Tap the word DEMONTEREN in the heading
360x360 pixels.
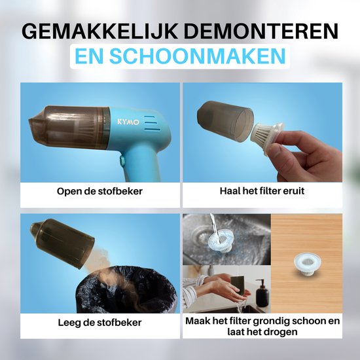261,31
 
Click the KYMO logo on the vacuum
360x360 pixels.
128,122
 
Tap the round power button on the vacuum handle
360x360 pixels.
122,160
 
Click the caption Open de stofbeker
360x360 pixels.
99,191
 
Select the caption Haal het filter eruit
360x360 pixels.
262,190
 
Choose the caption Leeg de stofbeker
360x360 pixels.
99,323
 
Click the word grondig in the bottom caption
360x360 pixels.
271,321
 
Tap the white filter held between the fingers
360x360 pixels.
268,136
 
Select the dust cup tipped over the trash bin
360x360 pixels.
62,243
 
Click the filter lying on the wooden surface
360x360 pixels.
308,264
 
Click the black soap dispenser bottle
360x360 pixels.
262,293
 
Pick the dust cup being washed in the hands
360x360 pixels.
238,286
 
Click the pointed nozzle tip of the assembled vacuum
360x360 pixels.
29,120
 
